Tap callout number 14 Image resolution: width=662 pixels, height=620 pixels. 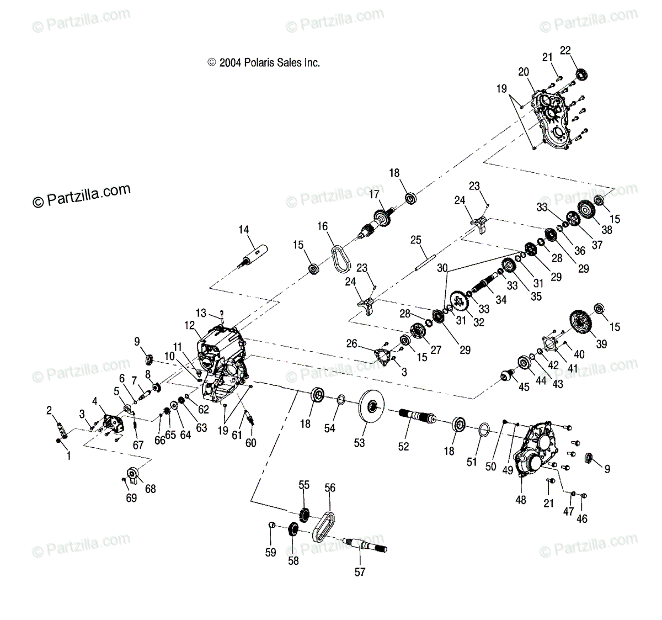(x=244, y=229)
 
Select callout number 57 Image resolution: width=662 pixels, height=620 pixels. (x=360, y=572)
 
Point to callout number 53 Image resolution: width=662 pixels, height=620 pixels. (x=360, y=443)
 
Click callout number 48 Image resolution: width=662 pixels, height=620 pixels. (x=521, y=500)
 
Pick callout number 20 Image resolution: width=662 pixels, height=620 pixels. (x=524, y=71)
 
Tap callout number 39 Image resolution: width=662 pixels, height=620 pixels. (x=601, y=343)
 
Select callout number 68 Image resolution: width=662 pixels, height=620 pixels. (x=150, y=489)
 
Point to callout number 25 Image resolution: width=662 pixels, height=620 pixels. (x=416, y=240)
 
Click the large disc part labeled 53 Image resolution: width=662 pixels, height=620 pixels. (x=371, y=408)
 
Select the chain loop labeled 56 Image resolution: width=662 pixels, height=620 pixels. (x=324, y=527)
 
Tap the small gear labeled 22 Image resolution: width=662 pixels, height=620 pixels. (x=580, y=74)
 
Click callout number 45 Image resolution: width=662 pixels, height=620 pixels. (x=524, y=387)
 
